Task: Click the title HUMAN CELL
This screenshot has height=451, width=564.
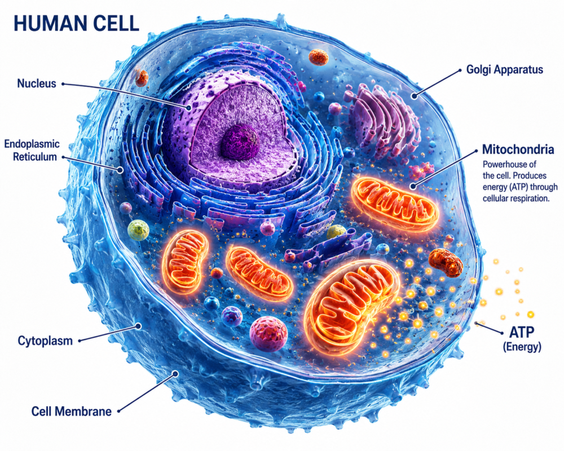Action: pos(76,24)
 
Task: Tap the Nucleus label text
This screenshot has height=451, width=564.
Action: pos(37,83)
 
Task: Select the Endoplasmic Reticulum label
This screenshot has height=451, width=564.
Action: pos(32,151)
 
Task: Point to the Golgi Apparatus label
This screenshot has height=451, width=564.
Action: pos(505,69)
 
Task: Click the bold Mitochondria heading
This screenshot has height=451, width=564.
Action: pos(518,149)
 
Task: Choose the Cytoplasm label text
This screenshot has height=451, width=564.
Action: pos(45,341)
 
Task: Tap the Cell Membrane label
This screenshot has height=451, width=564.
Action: pos(71,411)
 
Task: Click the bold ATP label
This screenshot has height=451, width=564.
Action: pos(522,332)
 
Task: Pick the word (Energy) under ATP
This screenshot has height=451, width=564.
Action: pos(522,347)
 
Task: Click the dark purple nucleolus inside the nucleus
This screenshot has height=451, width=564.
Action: pos(240,142)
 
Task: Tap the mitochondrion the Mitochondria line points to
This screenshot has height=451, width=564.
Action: pos(395,203)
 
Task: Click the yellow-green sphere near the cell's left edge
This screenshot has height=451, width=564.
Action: pos(138,230)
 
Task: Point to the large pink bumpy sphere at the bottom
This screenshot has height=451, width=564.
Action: pos(268,334)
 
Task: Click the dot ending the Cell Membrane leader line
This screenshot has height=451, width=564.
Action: pos(175,373)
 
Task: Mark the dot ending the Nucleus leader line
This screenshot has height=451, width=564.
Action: pos(188,107)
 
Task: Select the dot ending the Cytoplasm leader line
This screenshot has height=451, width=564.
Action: pos(138,326)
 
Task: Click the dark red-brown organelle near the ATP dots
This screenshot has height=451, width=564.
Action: pos(446,262)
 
